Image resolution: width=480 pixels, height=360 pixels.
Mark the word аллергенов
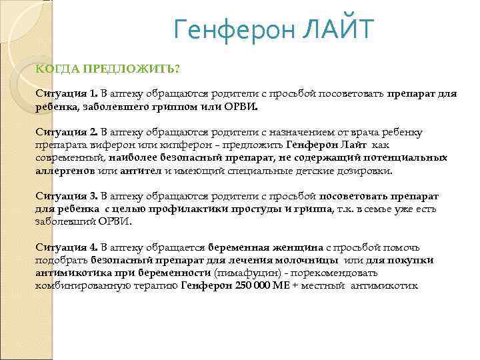click(x=65, y=171)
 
